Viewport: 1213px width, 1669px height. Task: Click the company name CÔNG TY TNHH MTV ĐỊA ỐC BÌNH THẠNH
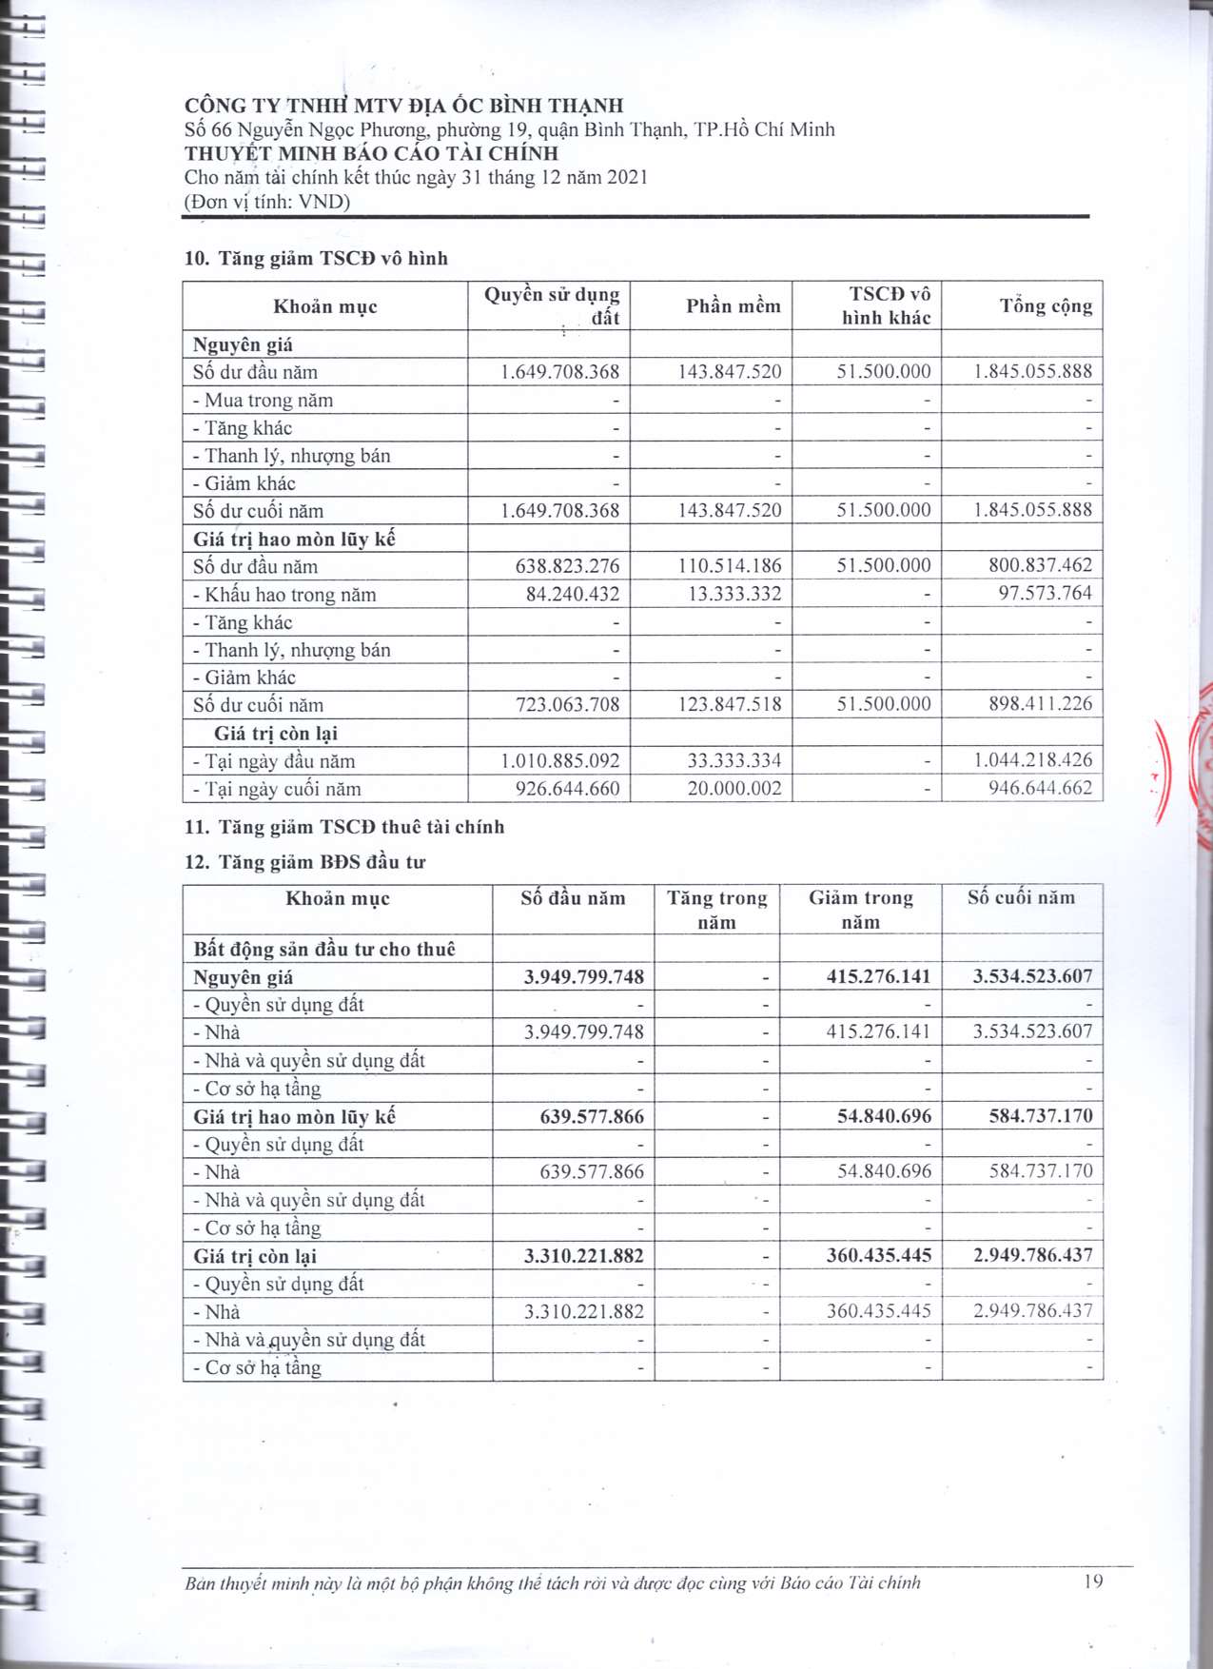pos(403,106)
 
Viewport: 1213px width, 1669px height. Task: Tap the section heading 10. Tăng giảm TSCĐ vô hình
pos(316,259)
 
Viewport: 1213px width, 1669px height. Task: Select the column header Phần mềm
pos(733,305)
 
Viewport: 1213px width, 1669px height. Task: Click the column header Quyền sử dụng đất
pos(552,305)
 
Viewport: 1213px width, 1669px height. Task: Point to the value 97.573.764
pos(1045,594)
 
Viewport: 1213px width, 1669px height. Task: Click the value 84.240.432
pos(573,594)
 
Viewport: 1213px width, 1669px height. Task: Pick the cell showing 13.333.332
pos(734,594)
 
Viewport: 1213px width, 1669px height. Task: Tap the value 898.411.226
pos(1040,704)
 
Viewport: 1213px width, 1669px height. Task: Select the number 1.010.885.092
pos(559,761)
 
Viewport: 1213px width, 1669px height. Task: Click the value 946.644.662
pos(1040,788)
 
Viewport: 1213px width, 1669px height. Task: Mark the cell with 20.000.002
pos(734,789)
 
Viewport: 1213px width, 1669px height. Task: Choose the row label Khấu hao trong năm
pos(285,595)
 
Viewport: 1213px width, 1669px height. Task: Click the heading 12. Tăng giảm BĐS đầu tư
pos(304,862)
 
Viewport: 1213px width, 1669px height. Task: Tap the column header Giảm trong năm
pos(860,910)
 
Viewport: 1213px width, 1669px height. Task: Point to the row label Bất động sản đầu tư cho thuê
pos(323,949)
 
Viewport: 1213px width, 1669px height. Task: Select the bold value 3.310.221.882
pos(583,1256)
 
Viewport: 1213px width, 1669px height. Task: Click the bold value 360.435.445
pos(878,1256)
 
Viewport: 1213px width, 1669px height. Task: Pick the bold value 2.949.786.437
pos(1032,1256)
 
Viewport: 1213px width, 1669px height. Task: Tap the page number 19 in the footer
pos(1093,1581)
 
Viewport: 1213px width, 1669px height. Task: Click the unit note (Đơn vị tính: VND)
pos(267,202)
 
